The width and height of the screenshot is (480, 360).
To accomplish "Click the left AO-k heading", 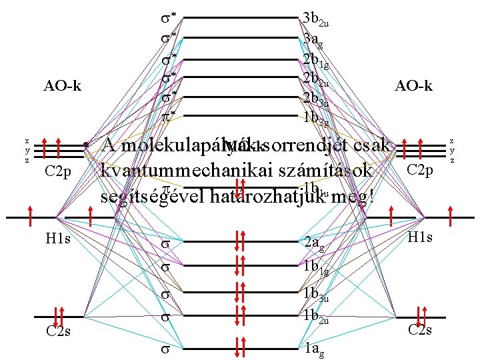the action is [63, 86].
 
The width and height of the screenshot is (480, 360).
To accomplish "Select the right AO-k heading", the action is [413, 86].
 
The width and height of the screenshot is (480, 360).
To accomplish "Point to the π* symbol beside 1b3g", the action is [169, 115].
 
